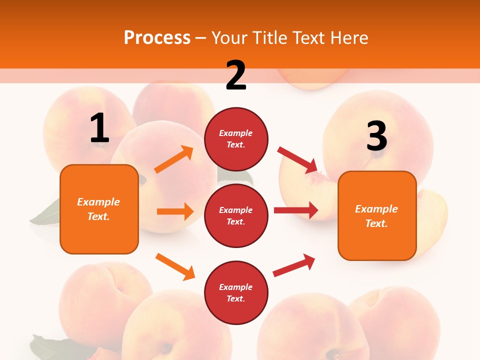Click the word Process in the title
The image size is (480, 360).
tap(157, 37)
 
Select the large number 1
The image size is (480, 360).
tap(99, 128)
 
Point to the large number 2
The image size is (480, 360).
tap(236, 75)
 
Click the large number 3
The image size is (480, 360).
tap(376, 136)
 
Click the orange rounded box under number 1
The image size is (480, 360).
tap(99, 209)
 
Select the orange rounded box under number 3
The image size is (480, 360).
tap(377, 215)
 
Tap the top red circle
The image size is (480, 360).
tap(236, 139)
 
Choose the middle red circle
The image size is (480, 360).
tap(236, 215)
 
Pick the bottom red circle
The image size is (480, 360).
tap(236, 292)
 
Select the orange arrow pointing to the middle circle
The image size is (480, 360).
tap(175, 211)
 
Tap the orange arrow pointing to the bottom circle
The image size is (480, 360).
tap(175, 266)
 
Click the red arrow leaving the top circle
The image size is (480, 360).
tap(298, 159)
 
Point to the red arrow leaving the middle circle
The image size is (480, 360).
tap(295, 210)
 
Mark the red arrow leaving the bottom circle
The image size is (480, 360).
tap(294, 265)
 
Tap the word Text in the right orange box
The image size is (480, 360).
tap(376, 223)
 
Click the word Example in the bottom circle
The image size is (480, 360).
tap(235, 287)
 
